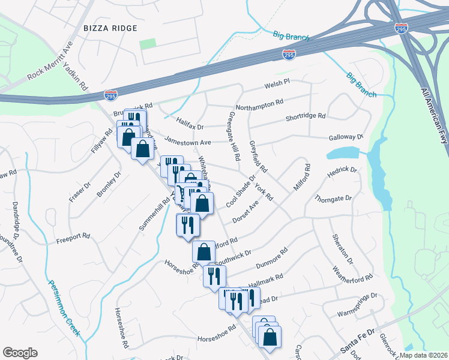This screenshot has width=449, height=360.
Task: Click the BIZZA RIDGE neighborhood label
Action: pos(110,28)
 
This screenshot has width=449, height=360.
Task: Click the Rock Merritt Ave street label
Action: pos(52,61)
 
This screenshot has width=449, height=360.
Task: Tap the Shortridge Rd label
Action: pos(306,116)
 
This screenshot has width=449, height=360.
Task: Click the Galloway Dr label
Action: pos(346,137)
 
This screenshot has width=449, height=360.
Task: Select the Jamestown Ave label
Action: pos(188,143)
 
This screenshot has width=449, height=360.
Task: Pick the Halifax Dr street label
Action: pos(191,127)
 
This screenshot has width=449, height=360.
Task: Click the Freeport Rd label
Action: pos(73,238)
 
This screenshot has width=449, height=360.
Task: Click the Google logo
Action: pos(20,353)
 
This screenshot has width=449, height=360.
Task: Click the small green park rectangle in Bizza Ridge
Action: pos(148,44)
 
